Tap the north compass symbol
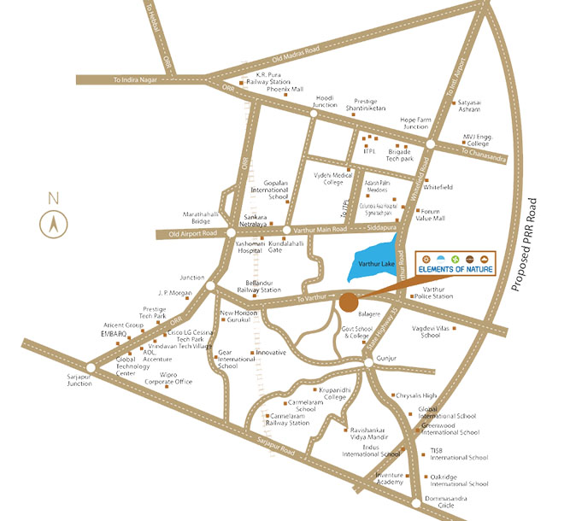53,225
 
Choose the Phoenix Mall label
285,89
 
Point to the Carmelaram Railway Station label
287,419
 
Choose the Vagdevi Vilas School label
438,331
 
